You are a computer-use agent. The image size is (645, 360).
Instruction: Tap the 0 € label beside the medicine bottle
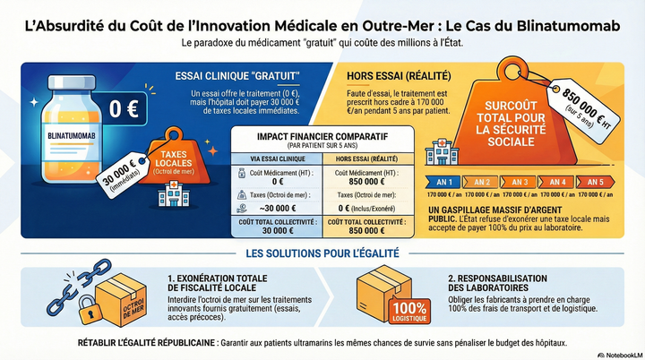[x=124, y=109]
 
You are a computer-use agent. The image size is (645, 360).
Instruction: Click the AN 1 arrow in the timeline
[x=443, y=182]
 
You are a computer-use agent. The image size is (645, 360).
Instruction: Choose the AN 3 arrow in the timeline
[x=520, y=182]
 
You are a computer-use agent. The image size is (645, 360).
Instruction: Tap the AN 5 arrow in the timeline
[x=595, y=182]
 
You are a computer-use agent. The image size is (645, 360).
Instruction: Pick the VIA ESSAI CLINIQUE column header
[x=277, y=158]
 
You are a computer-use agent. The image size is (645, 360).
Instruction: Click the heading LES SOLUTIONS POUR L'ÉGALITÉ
[x=322, y=254]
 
